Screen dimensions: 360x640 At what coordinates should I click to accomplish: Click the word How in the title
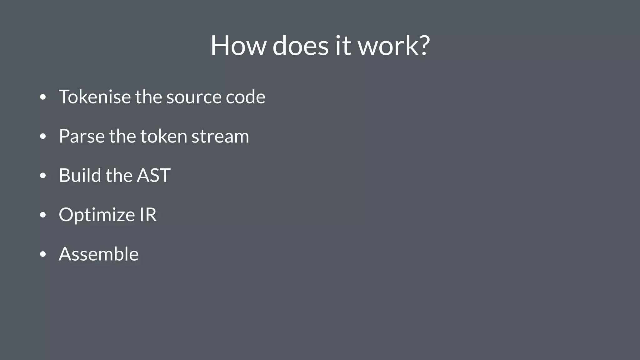tap(238, 46)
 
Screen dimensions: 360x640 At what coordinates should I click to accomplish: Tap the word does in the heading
tap(300, 46)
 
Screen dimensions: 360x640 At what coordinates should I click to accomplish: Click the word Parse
tap(82, 136)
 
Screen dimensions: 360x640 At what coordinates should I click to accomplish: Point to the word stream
tap(220, 136)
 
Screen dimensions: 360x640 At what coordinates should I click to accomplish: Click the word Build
tap(80, 175)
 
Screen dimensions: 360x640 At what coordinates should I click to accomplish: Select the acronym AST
tap(153, 175)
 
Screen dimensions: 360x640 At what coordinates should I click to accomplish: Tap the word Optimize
tap(97, 215)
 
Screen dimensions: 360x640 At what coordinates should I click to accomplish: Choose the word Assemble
tap(98, 254)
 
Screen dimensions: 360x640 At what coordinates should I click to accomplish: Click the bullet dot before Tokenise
tap(43, 97)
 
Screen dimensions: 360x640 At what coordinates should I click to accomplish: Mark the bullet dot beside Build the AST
tap(43, 176)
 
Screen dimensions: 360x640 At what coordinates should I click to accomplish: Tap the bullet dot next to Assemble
tap(43, 254)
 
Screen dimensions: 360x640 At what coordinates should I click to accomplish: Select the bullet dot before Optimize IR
tap(43, 215)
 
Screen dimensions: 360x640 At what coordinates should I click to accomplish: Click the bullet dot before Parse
tap(43, 137)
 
